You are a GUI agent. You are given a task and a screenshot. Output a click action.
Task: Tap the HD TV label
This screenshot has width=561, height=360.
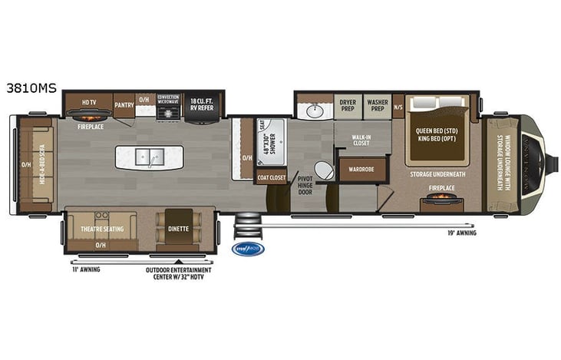click(x=88, y=101)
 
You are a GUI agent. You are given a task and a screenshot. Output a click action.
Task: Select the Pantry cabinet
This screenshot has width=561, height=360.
click(x=124, y=104)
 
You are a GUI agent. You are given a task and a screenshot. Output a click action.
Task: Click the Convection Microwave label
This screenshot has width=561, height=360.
click(x=168, y=100)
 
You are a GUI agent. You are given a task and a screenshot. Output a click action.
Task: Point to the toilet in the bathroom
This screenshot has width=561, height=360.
click(x=324, y=170)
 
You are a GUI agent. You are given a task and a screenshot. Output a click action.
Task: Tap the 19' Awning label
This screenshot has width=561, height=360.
click(x=462, y=233)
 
